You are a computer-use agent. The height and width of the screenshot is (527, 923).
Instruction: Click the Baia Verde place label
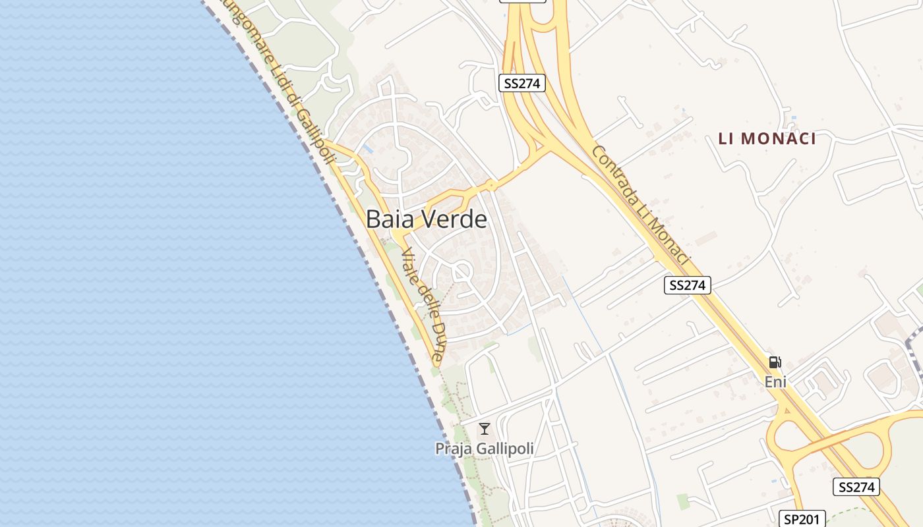tap(427, 219)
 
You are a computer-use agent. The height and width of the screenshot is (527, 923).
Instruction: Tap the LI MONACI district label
tap(767, 138)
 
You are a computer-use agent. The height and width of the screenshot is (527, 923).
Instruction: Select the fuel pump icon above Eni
tap(775, 362)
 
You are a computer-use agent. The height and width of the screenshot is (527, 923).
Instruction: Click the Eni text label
tap(776, 381)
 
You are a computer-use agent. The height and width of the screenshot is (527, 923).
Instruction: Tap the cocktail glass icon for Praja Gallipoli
tap(485, 429)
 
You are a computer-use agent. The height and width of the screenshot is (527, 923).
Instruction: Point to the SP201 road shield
tap(802, 519)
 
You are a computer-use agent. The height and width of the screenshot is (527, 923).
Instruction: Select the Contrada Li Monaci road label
tap(640, 206)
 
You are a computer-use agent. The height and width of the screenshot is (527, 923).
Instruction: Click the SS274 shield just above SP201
tap(856, 487)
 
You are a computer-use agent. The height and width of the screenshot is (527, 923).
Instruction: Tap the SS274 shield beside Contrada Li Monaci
tap(688, 285)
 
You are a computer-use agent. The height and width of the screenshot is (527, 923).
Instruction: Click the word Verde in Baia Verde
tap(455, 219)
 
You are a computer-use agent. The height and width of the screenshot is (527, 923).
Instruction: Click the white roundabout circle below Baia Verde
tap(461, 271)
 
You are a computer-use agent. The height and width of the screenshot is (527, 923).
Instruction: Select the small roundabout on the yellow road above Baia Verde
tap(491, 185)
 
